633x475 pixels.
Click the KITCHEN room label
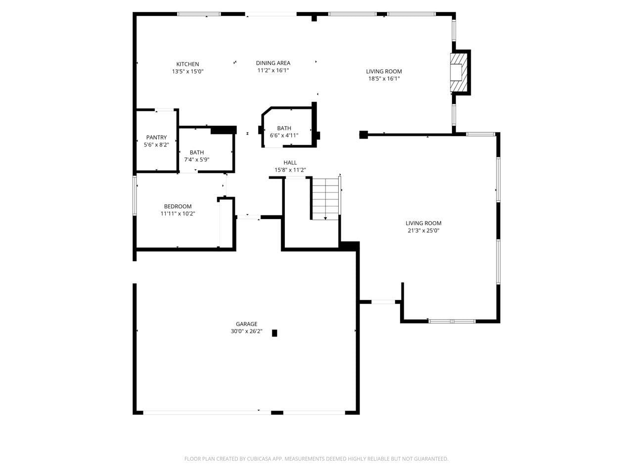[187, 64]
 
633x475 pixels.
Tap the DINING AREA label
[273, 63]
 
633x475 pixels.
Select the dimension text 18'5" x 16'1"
[384, 78]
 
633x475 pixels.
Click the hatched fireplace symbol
[458, 72]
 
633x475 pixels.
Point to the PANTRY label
[156, 137]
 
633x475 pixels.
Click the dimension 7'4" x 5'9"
[196, 159]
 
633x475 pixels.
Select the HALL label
[290, 162]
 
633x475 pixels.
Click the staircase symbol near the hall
[325, 198]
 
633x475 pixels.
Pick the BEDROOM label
[178, 206]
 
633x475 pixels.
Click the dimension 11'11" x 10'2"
[178, 214]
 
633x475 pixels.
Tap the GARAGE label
[246, 324]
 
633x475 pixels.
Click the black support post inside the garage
[274, 333]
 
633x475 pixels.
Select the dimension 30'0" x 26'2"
[246, 332]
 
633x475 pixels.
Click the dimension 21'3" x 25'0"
[423, 230]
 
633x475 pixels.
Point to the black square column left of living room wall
[364, 134]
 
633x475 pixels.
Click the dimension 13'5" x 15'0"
[187, 71]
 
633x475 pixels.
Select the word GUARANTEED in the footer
[432, 459]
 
